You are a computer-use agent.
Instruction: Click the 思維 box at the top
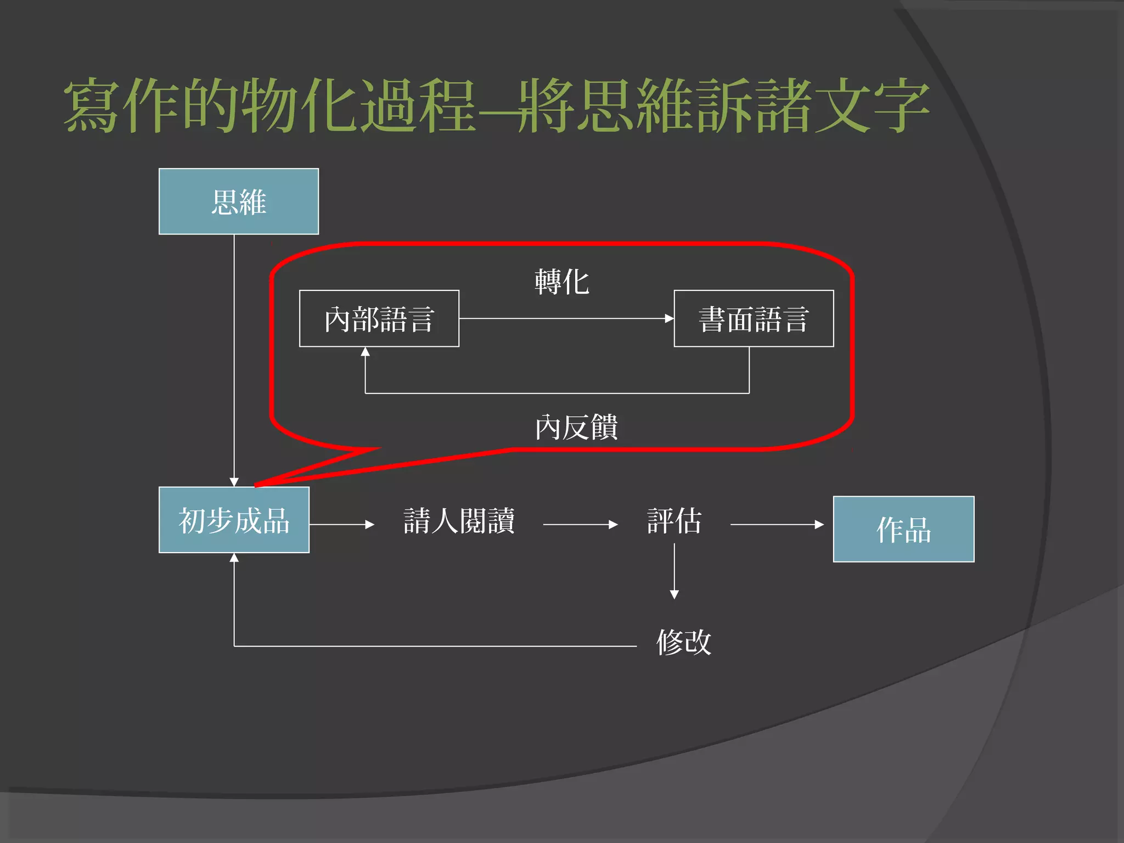[239, 201]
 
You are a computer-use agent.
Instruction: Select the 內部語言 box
[379, 319]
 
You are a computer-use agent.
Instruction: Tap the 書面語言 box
[754, 319]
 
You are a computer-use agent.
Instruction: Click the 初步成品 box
[234, 520]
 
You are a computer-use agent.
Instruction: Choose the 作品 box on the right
[903, 529]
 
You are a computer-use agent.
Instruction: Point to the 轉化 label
[562, 282]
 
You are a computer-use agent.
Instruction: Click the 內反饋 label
[576, 428]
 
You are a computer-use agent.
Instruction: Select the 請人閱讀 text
[459, 521]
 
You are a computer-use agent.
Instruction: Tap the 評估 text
[675, 521]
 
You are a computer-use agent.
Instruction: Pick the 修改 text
[684, 642]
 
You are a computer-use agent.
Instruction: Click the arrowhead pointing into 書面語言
[669, 318]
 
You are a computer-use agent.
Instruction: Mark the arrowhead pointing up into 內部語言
[366, 352]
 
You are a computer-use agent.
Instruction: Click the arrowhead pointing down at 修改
[675, 594]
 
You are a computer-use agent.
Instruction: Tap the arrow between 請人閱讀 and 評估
[580, 525]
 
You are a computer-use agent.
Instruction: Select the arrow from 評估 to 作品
[777, 525]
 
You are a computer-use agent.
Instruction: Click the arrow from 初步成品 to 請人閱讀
[341, 525]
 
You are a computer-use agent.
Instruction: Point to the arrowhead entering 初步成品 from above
[234, 482]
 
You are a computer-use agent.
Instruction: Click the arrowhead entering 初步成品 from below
[234, 558]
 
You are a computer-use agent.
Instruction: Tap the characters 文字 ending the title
[872, 105]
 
